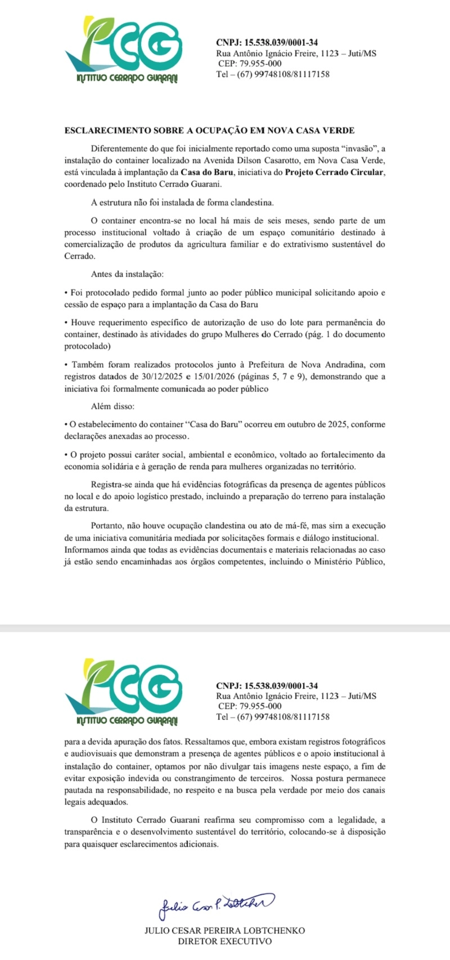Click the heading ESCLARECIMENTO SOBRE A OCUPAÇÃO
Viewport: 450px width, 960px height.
point(209,131)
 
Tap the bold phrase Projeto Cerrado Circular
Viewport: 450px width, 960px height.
point(335,172)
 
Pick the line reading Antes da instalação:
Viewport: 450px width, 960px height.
point(127,274)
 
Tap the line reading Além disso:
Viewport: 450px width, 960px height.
point(112,406)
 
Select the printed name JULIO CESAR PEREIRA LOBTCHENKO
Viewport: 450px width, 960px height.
point(224,931)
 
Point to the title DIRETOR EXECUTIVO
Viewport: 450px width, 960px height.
point(224,941)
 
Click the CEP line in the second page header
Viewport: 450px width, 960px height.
point(250,706)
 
